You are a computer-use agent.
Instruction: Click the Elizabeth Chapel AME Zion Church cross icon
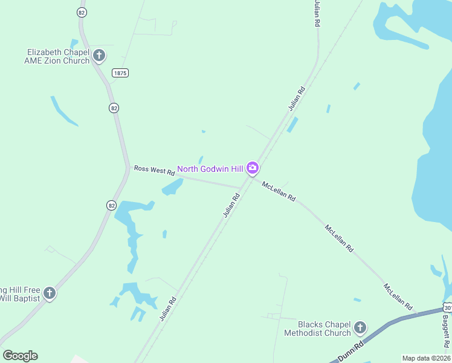click(x=99, y=56)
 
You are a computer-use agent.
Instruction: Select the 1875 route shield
click(x=120, y=73)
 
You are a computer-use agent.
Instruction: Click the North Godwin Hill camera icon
click(x=253, y=168)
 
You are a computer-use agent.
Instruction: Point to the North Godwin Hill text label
click(x=210, y=168)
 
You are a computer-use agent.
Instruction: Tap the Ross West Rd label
click(x=154, y=171)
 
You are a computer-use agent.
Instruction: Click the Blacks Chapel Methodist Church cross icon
click(x=360, y=328)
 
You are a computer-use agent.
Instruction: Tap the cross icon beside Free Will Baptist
click(x=50, y=293)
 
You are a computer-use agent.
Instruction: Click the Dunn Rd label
click(x=349, y=352)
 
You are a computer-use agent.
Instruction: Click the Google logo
click(x=20, y=355)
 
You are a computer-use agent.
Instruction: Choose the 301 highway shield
click(x=447, y=308)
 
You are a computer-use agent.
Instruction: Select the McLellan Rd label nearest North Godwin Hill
click(x=279, y=191)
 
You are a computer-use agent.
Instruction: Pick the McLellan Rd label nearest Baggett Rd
click(x=398, y=296)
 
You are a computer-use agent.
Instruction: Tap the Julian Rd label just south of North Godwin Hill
click(x=231, y=205)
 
